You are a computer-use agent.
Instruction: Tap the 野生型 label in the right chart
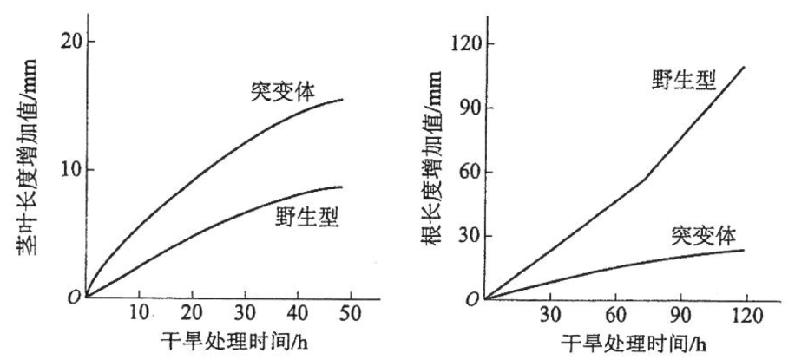click(684, 82)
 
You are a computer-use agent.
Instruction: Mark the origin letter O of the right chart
click(473, 300)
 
